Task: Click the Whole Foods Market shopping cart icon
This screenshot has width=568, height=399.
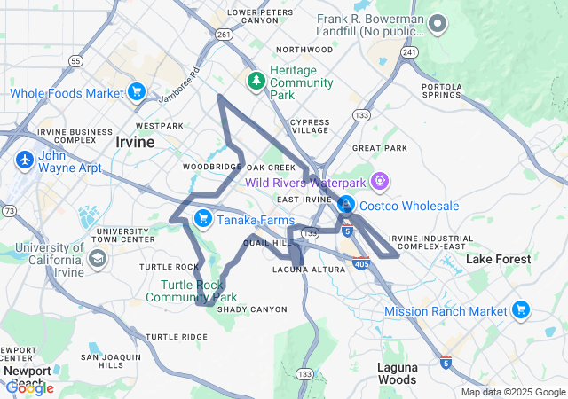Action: [x=136, y=92]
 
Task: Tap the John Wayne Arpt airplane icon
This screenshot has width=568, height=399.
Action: [x=24, y=161]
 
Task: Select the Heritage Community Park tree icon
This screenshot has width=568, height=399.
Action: [x=256, y=81]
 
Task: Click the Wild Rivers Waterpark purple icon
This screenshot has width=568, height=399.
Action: [x=380, y=182]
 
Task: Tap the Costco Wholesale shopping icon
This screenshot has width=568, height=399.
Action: [x=345, y=206]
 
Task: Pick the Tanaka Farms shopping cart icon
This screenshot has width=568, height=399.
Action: [x=203, y=218]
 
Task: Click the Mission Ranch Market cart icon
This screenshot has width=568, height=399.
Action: [x=521, y=310]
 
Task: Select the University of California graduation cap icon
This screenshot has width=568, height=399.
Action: [x=96, y=258]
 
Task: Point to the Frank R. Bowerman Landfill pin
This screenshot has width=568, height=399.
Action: [x=438, y=24]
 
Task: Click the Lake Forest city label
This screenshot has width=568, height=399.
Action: [x=498, y=259]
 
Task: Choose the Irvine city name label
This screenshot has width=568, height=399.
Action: [x=136, y=141]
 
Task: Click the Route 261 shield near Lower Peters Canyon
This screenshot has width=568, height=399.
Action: [x=224, y=35]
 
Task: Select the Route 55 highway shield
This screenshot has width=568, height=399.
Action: [x=75, y=61]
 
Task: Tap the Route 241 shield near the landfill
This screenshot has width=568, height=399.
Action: [x=408, y=52]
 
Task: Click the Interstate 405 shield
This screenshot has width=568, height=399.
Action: [x=361, y=263]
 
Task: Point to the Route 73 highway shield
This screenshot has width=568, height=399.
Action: [x=9, y=210]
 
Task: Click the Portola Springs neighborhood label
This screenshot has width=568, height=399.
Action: [x=441, y=90]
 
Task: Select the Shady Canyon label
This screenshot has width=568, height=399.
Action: [x=252, y=309]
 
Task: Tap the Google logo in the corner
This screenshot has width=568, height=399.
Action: [x=28, y=387]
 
